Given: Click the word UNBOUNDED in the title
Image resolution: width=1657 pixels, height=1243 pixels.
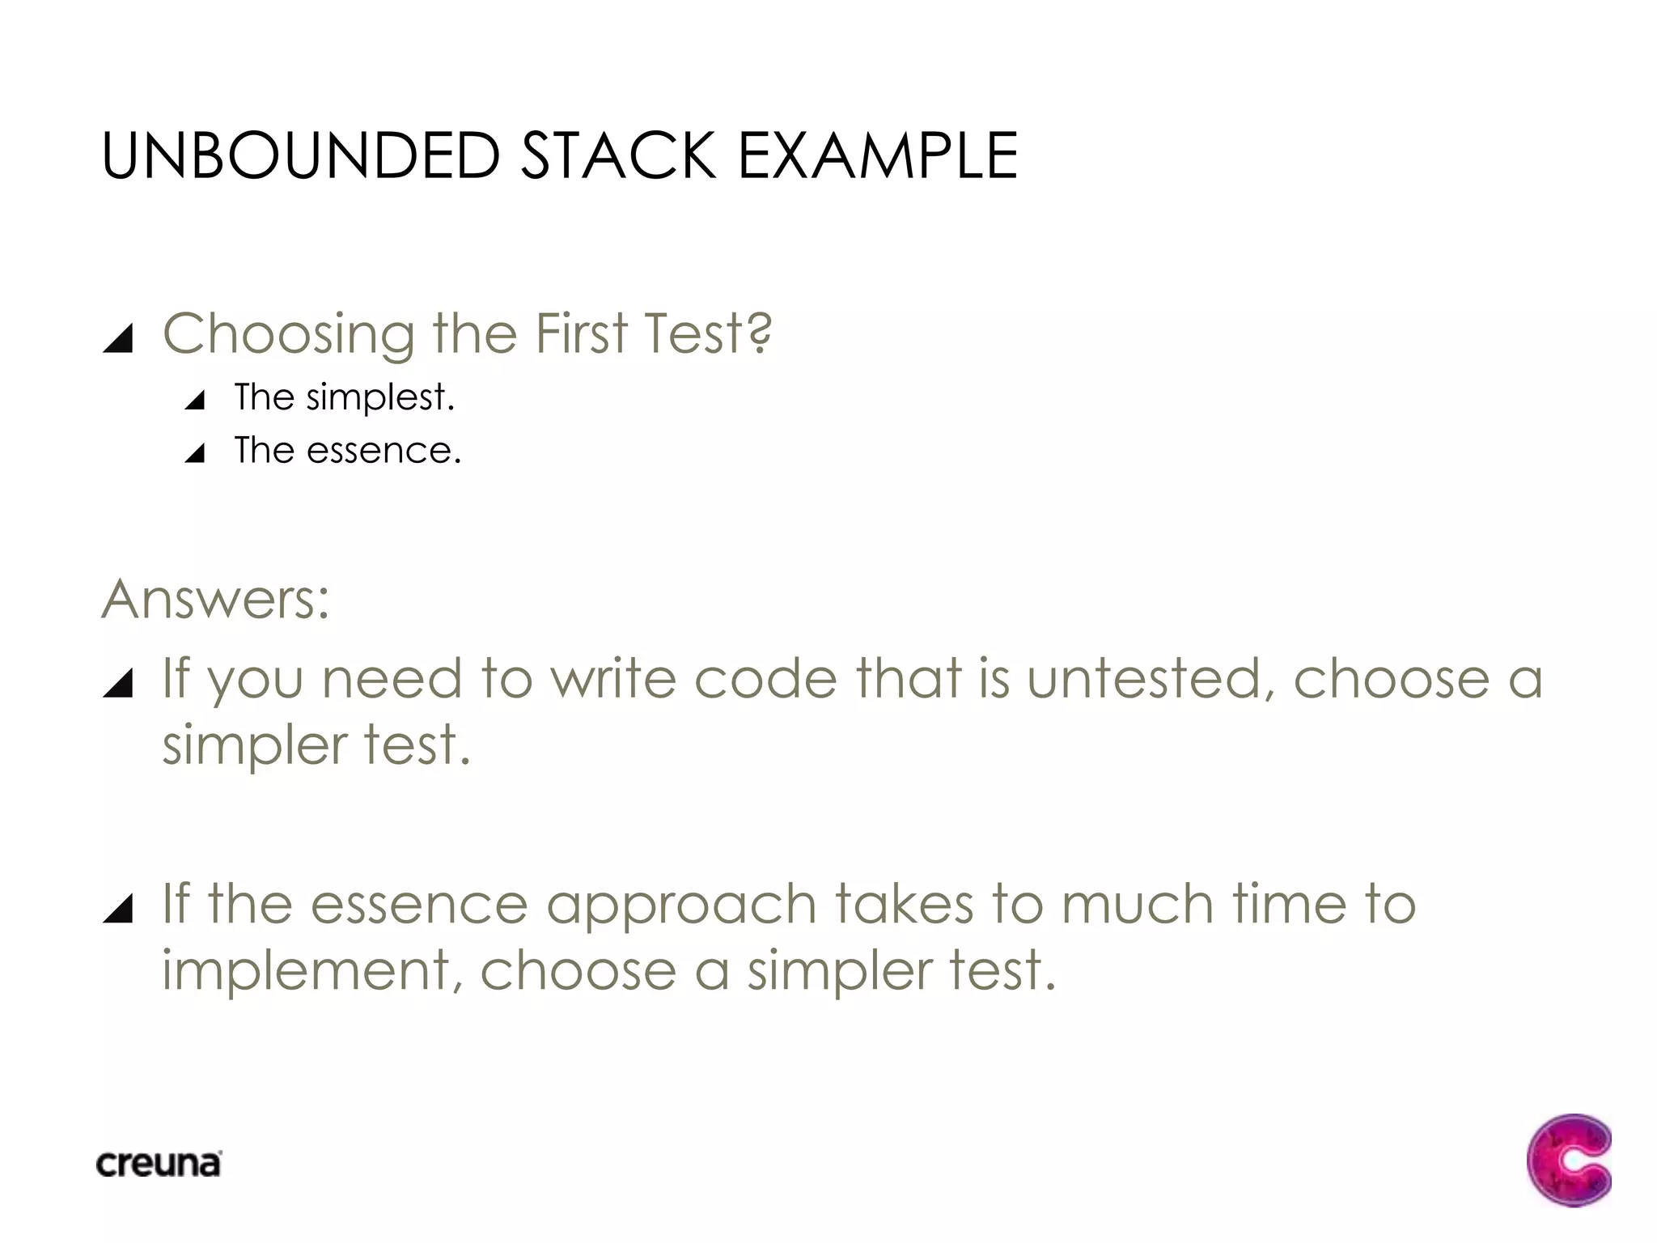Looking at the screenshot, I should [x=301, y=155].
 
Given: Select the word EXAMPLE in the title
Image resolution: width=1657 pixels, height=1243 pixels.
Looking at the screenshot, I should [x=878, y=155].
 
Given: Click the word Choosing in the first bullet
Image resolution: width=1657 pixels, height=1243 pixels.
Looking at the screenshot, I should [x=289, y=334].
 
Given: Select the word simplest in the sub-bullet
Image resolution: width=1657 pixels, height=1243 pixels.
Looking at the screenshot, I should [x=380, y=397].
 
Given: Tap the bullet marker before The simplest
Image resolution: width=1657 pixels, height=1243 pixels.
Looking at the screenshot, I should [x=195, y=400].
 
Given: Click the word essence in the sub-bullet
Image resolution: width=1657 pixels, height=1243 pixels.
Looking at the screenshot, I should [x=384, y=451].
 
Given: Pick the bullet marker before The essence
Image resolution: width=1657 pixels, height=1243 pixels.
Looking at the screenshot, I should [x=195, y=453].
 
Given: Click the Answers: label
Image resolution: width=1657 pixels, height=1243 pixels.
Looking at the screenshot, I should [x=216, y=600].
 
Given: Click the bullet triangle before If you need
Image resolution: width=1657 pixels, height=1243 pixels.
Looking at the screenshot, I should [x=118, y=684].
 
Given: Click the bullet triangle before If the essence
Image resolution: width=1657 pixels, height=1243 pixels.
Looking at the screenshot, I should [x=118, y=909].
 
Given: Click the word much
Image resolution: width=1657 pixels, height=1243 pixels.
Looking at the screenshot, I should [x=1138, y=904].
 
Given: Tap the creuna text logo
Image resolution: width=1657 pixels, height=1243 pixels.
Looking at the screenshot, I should [x=159, y=1164].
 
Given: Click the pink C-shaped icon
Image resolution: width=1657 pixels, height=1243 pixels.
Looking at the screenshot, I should [x=1569, y=1160].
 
